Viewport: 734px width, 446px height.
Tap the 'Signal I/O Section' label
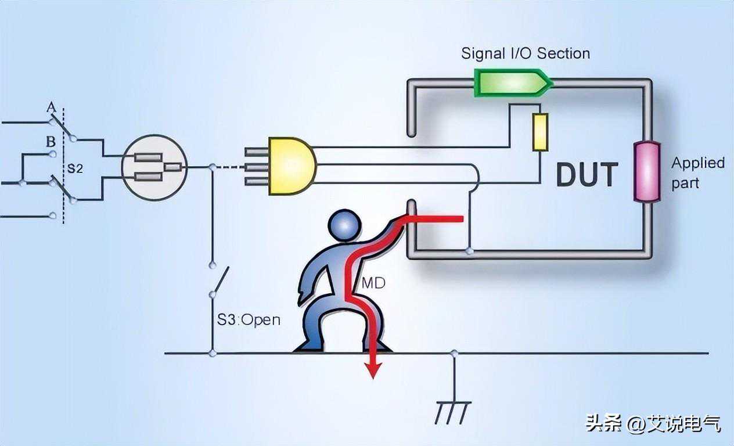525,53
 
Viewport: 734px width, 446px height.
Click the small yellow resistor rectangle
540,132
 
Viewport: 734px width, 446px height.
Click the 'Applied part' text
697,172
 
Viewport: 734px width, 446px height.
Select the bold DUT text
587,175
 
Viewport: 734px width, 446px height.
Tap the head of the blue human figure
344,225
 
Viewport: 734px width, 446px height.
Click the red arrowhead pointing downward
373,369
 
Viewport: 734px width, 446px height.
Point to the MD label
373,283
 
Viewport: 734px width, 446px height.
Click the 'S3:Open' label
249,319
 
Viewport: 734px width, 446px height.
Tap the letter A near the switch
51,108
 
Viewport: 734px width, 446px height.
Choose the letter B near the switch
51,142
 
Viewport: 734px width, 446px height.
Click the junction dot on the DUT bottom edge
469,251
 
